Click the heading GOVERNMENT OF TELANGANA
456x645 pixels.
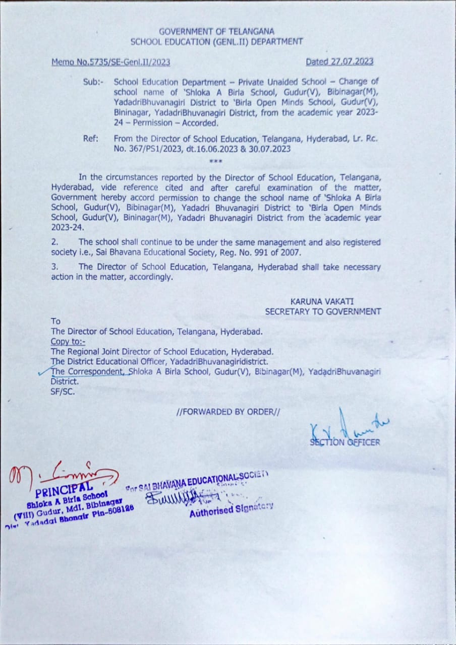point(216,31)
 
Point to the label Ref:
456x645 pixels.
point(91,139)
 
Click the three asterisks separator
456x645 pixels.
point(215,161)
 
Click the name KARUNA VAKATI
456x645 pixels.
point(322,301)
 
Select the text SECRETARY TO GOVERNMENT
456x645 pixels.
point(323,311)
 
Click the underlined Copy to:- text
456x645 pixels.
point(68,342)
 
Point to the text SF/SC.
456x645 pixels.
point(63,391)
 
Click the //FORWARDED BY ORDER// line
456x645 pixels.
point(228,412)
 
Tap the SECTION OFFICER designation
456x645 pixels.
point(345,442)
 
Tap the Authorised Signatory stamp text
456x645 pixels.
point(231,510)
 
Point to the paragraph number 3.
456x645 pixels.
point(54,267)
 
